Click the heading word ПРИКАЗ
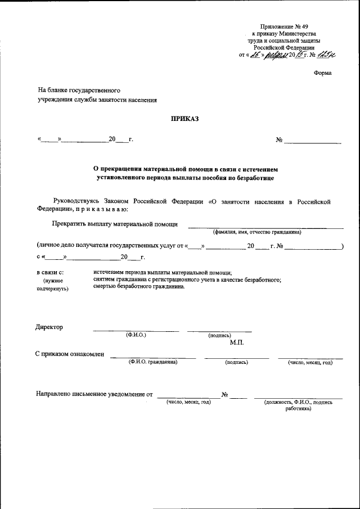pos(185,118)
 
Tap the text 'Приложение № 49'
pos(285,27)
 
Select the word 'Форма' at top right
pos(322,73)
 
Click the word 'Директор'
pos(49,327)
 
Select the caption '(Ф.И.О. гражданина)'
pos(153,362)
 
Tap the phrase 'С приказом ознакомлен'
pos(69,354)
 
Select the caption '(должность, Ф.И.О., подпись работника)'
pos(298,406)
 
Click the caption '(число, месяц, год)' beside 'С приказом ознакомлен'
pos(310,362)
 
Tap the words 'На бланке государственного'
pos(79,89)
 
